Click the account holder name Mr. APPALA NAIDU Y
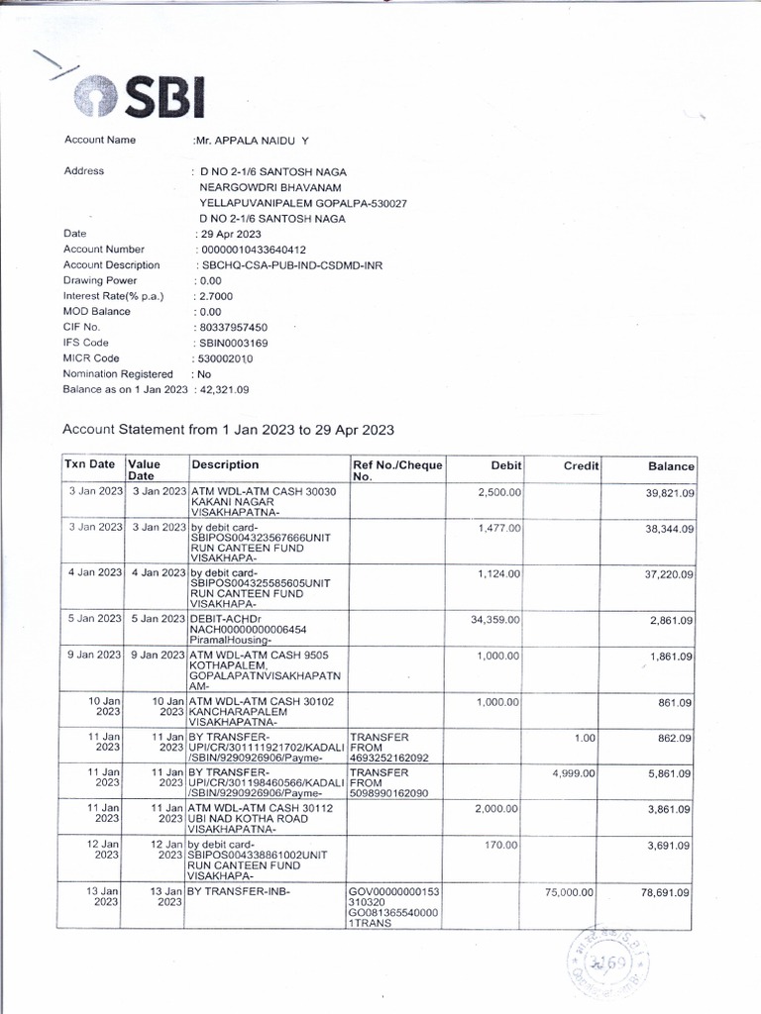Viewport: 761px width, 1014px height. [252, 141]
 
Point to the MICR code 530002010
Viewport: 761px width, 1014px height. [227, 358]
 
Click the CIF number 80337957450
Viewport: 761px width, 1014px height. [233, 327]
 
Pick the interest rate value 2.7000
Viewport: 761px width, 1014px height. [215, 296]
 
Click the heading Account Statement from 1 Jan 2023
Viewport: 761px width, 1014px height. [228, 430]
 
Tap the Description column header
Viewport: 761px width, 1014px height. [225, 464]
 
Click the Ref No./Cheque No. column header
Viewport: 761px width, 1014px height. [397, 470]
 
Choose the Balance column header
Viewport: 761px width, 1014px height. [671, 465]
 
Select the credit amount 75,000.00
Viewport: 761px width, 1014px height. [569, 892]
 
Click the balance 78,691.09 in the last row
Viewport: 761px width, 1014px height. [665, 892]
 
